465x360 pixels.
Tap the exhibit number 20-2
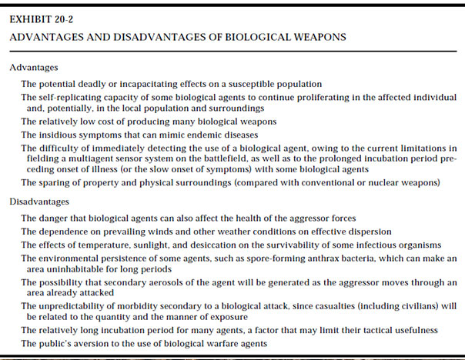(x=69, y=19)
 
